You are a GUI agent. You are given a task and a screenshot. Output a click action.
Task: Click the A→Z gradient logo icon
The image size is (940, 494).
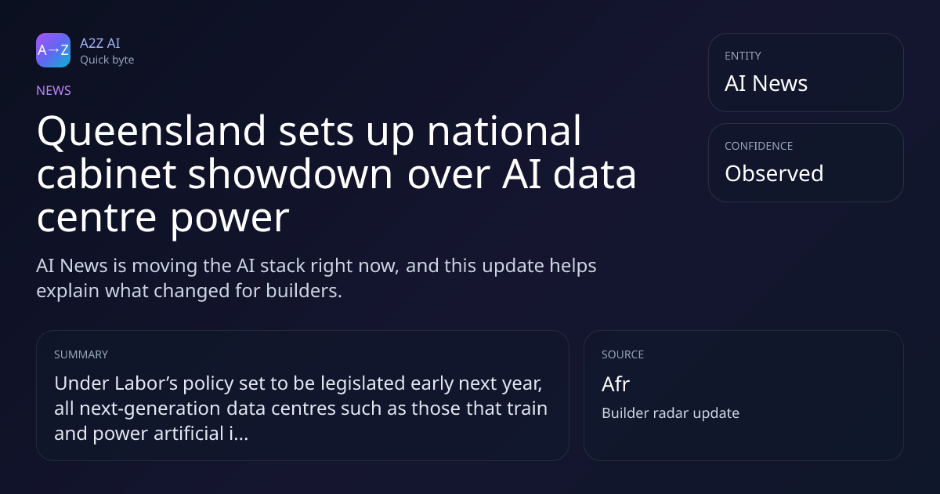(x=53, y=50)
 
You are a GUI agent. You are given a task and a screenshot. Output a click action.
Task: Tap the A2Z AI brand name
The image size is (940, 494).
(x=100, y=43)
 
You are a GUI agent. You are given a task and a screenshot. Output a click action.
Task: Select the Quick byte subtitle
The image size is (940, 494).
(x=107, y=60)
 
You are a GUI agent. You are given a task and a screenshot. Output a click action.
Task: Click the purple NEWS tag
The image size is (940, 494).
(x=53, y=90)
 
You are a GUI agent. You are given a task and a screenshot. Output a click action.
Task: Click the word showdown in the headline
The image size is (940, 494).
(x=290, y=174)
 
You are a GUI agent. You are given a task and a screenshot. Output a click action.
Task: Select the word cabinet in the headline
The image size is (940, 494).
(x=107, y=174)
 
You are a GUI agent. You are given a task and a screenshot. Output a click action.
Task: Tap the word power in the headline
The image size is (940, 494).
(x=230, y=220)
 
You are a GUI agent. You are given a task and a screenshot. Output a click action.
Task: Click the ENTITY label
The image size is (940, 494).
(x=743, y=56)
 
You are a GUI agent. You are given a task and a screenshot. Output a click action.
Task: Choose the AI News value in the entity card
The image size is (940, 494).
(x=766, y=83)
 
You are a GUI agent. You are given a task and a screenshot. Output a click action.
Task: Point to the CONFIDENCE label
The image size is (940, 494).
(x=759, y=146)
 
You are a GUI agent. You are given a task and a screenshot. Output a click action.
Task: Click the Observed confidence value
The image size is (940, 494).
(x=774, y=173)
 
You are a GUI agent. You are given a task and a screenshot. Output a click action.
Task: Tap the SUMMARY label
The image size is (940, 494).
(x=81, y=354)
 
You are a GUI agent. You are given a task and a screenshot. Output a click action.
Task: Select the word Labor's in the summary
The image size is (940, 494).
(x=146, y=383)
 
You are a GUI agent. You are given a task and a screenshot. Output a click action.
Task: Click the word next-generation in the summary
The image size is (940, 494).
(x=150, y=409)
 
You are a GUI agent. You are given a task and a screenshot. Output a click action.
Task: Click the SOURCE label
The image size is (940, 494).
(x=622, y=354)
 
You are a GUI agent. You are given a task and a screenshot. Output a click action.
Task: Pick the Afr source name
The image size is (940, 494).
(x=616, y=384)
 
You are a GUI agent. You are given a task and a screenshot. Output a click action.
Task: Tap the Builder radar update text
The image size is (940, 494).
(x=671, y=413)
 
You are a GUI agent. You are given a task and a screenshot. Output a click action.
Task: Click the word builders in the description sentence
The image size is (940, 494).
(x=304, y=291)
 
